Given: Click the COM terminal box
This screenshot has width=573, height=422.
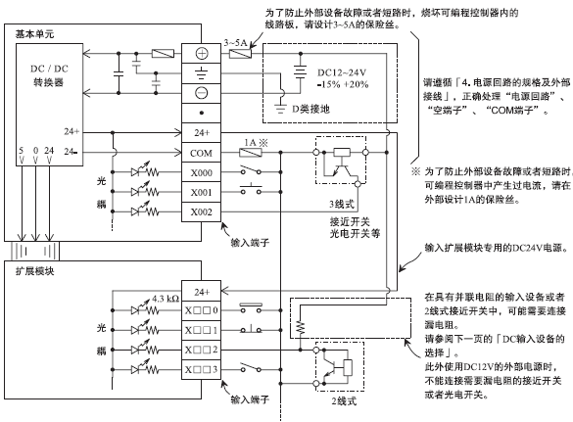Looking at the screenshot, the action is click(x=202, y=153).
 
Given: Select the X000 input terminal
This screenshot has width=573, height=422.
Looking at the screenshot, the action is click(x=202, y=172).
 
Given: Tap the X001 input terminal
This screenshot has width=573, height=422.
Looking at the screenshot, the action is click(x=202, y=192).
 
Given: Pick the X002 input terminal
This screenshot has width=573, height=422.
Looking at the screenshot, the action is click(x=202, y=211).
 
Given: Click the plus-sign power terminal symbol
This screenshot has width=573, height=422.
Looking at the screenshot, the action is click(x=202, y=54).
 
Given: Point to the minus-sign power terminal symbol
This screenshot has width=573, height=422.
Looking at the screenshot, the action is click(x=202, y=93).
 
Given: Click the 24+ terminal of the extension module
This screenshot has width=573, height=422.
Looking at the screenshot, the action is click(x=202, y=291).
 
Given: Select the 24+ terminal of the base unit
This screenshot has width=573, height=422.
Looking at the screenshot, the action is click(x=202, y=132).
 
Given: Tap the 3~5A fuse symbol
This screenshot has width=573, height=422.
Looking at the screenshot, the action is click(x=240, y=54).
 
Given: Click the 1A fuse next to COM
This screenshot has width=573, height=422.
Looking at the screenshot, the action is click(x=251, y=153).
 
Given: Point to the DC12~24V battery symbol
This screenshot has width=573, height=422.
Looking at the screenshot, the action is click(x=301, y=71).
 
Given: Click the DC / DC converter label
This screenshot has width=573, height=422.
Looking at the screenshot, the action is click(x=49, y=75).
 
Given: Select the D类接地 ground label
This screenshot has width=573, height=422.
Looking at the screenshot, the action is click(x=310, y=109).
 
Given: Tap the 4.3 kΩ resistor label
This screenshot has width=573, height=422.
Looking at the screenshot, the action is click(x=166, y=299).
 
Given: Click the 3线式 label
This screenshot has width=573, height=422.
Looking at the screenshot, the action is click(x=342, y=204).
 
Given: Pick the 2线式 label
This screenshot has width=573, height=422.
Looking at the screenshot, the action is click(x=344, y=401).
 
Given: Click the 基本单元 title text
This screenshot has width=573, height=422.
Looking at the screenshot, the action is click(x=34, y=34).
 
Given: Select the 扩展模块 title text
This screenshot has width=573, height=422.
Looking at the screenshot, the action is click(x=34, y=271).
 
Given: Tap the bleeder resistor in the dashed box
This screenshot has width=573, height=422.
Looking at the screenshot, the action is click(x=300, y=327).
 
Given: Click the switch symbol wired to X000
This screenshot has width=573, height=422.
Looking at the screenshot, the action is click(x=251, y=170).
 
